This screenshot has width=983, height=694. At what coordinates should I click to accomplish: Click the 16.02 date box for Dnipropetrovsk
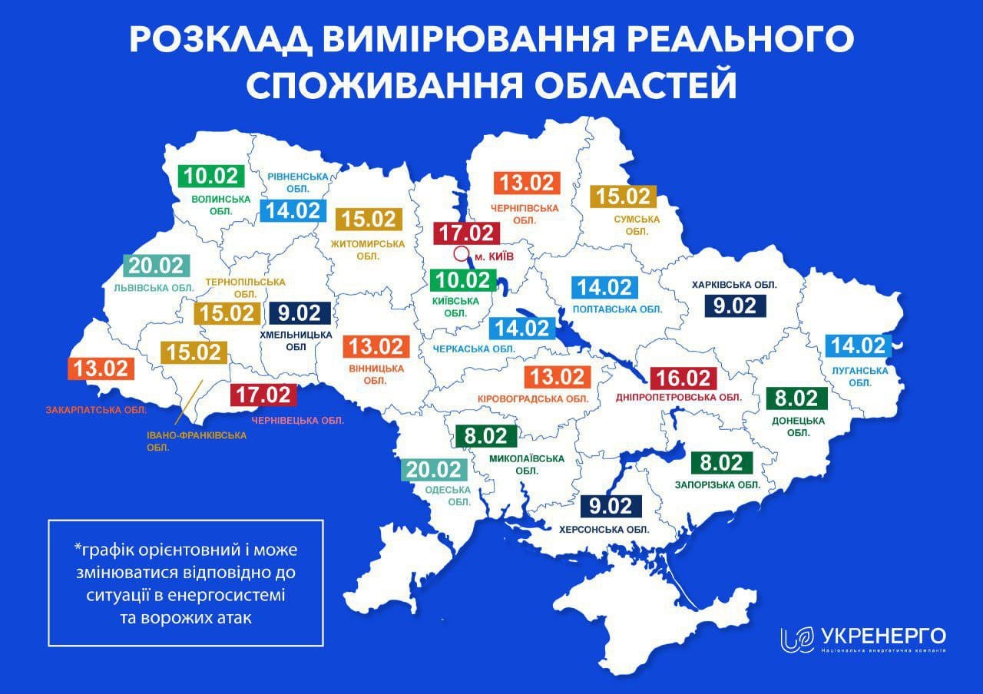click(683, 378)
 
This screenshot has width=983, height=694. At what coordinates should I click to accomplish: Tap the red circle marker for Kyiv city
click(461, 254)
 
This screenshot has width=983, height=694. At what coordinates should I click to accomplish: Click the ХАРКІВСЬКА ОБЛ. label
click(734, 284)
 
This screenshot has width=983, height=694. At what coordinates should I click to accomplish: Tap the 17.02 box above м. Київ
click(466, 233)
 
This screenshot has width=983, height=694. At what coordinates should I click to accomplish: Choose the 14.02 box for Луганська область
click(858, 345)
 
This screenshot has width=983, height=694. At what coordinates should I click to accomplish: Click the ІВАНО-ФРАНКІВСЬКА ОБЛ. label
click(197, 441)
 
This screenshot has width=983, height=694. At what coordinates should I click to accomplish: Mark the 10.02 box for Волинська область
click(211, 176)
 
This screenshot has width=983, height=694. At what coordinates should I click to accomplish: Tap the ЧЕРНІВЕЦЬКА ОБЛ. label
click(299, 420)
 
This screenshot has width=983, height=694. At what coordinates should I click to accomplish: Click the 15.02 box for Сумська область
click(624, 197)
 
